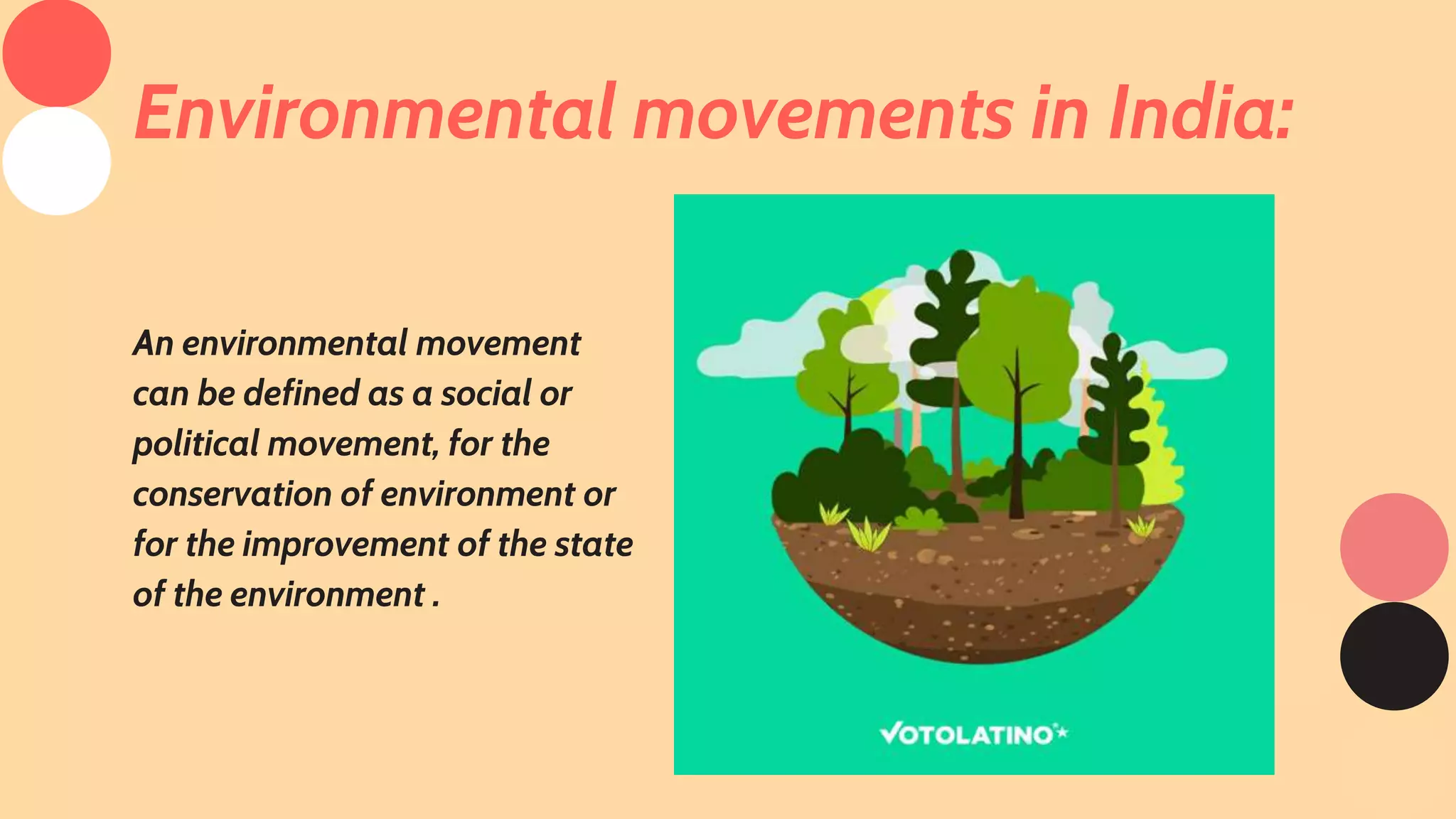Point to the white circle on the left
coord(57,161)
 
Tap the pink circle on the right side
coord(1393,547)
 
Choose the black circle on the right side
coord(1393,655)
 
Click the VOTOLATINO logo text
coord(967,734)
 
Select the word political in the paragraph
coord(196,444)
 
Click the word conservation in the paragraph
coord(232,494)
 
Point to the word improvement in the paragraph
coord(346,545)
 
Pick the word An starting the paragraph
coord(154,343)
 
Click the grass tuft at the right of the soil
coord(1141,526)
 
